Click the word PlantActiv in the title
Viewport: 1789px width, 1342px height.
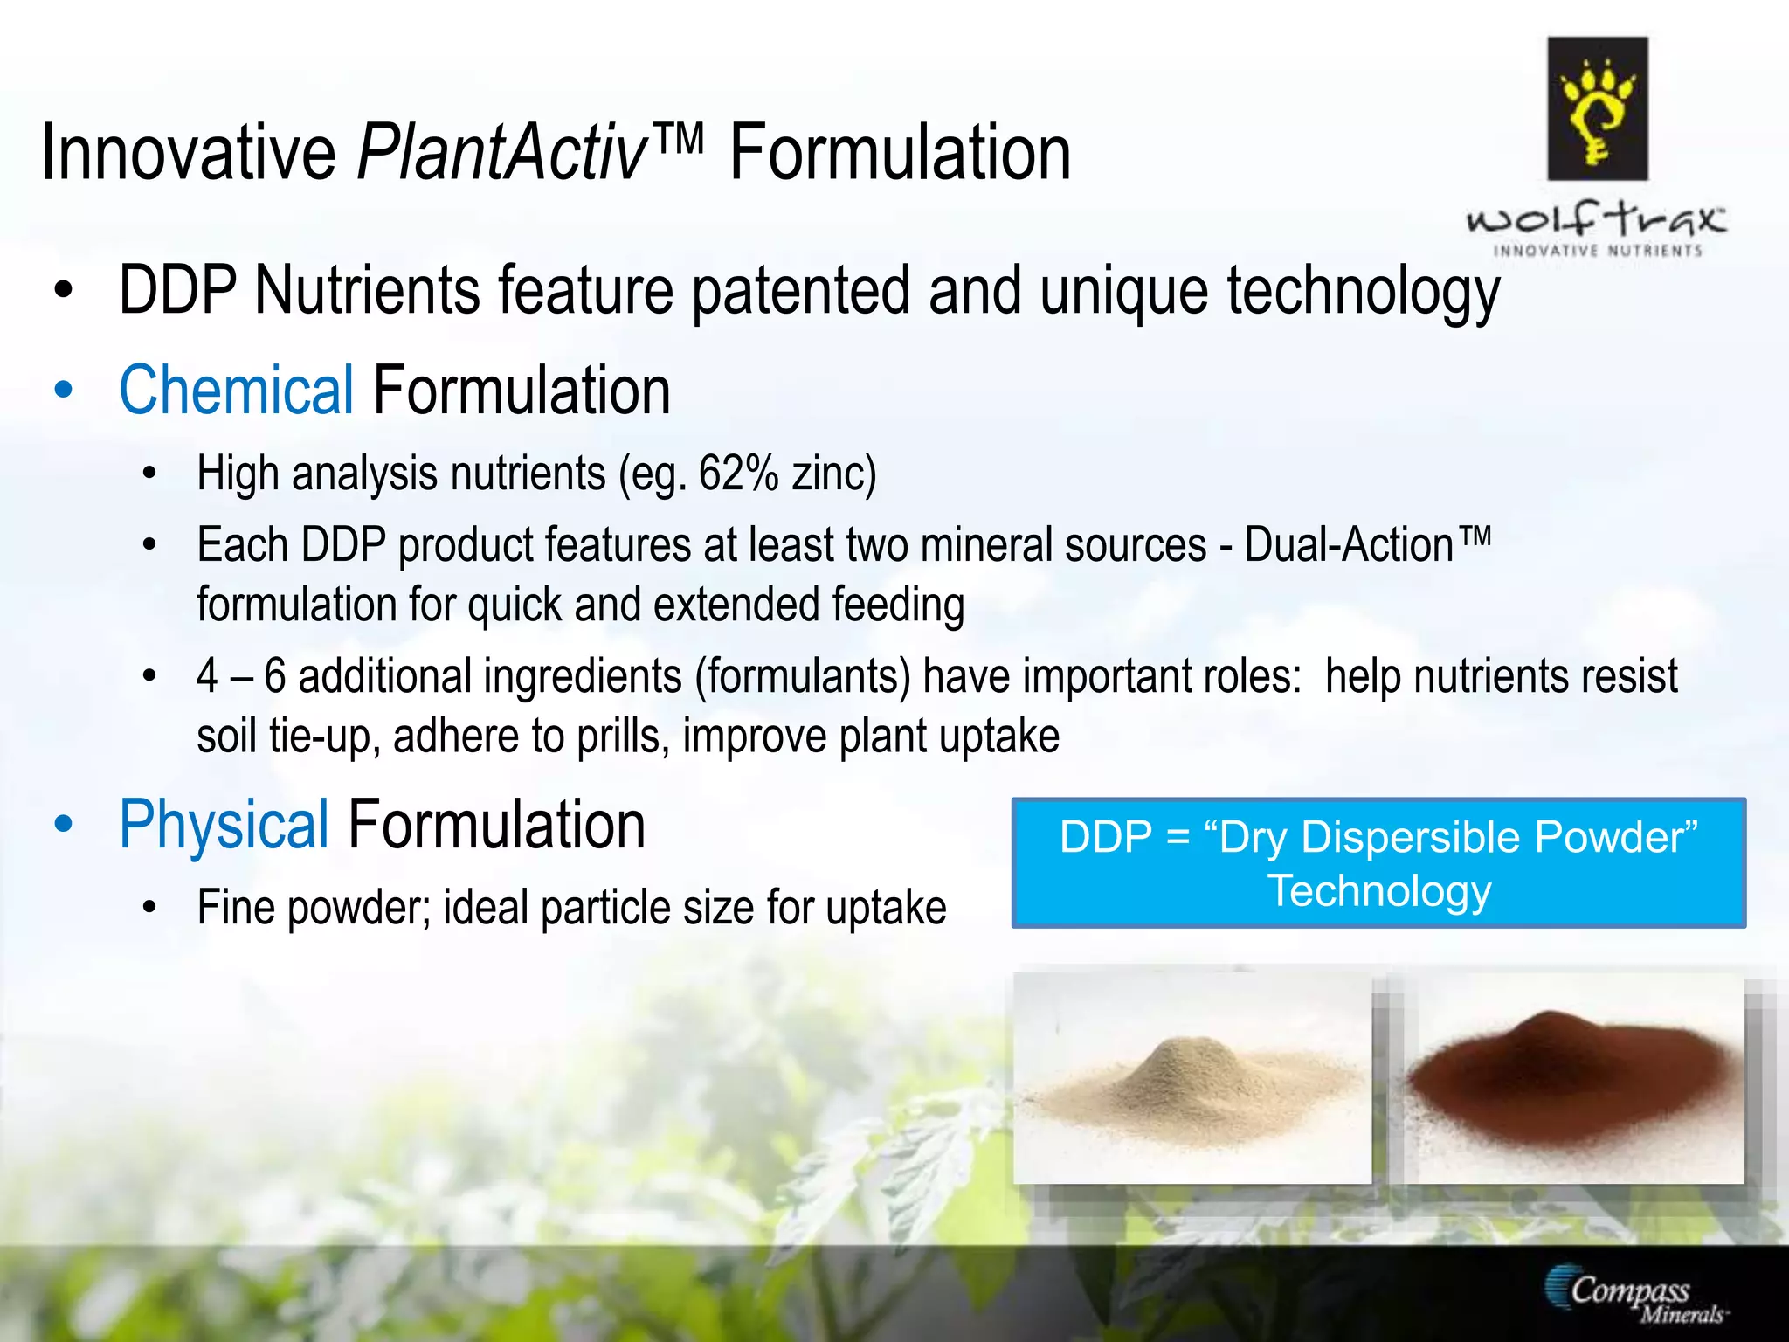click(502, 154)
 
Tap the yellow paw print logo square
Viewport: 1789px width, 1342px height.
click(1597, 108)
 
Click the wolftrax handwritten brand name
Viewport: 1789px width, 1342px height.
click(1596, 219)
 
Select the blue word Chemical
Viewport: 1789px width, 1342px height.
click(236, 391)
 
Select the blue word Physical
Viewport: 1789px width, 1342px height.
click(224, 825)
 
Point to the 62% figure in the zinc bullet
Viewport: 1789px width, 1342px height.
click(738, 474)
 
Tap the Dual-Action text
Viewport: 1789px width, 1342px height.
click(1349, 546)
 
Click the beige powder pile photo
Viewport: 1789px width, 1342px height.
click(1192, 1079)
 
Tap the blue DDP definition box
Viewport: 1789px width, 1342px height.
click(1378, 863)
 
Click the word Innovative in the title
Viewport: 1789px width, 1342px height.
click(189, 154)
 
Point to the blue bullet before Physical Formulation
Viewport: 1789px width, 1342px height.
click(63, 825)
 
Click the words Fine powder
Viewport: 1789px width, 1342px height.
click(314, 908)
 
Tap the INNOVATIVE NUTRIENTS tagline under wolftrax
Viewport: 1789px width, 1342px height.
click(1598, 252)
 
